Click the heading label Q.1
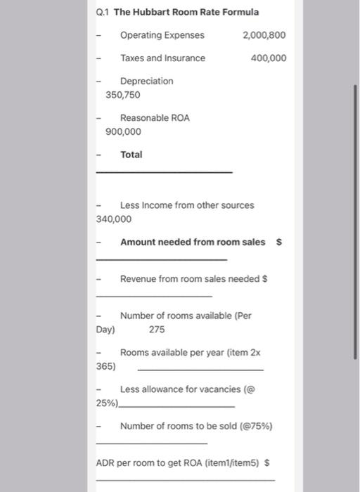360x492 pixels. tap(103, 12)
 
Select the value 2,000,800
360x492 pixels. tap(264, 35)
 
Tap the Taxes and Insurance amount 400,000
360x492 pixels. tap(269, 58)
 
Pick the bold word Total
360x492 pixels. tap(131, 155)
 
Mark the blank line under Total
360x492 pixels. tap(163, 172)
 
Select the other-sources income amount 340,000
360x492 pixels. tap(114, 219)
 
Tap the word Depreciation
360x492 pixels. tap(146, 82)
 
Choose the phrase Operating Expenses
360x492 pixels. tap(162, 35)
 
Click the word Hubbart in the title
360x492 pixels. tap(150, 12)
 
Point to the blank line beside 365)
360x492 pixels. tap(200, 369)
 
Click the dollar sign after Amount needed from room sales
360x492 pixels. tap(279, 242)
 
